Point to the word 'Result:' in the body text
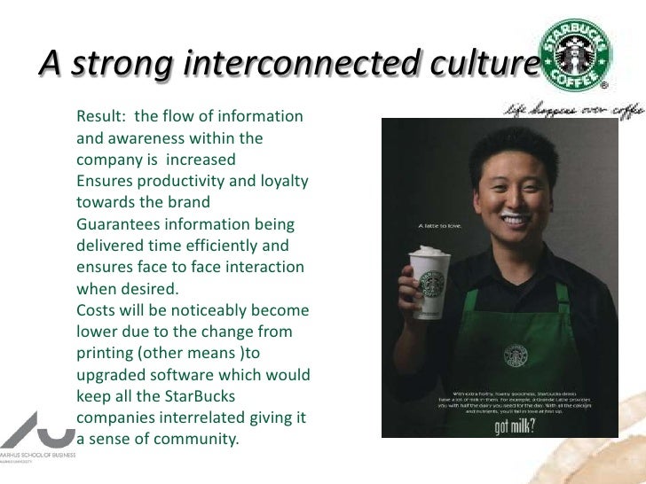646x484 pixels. click(x=103, y=117)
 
